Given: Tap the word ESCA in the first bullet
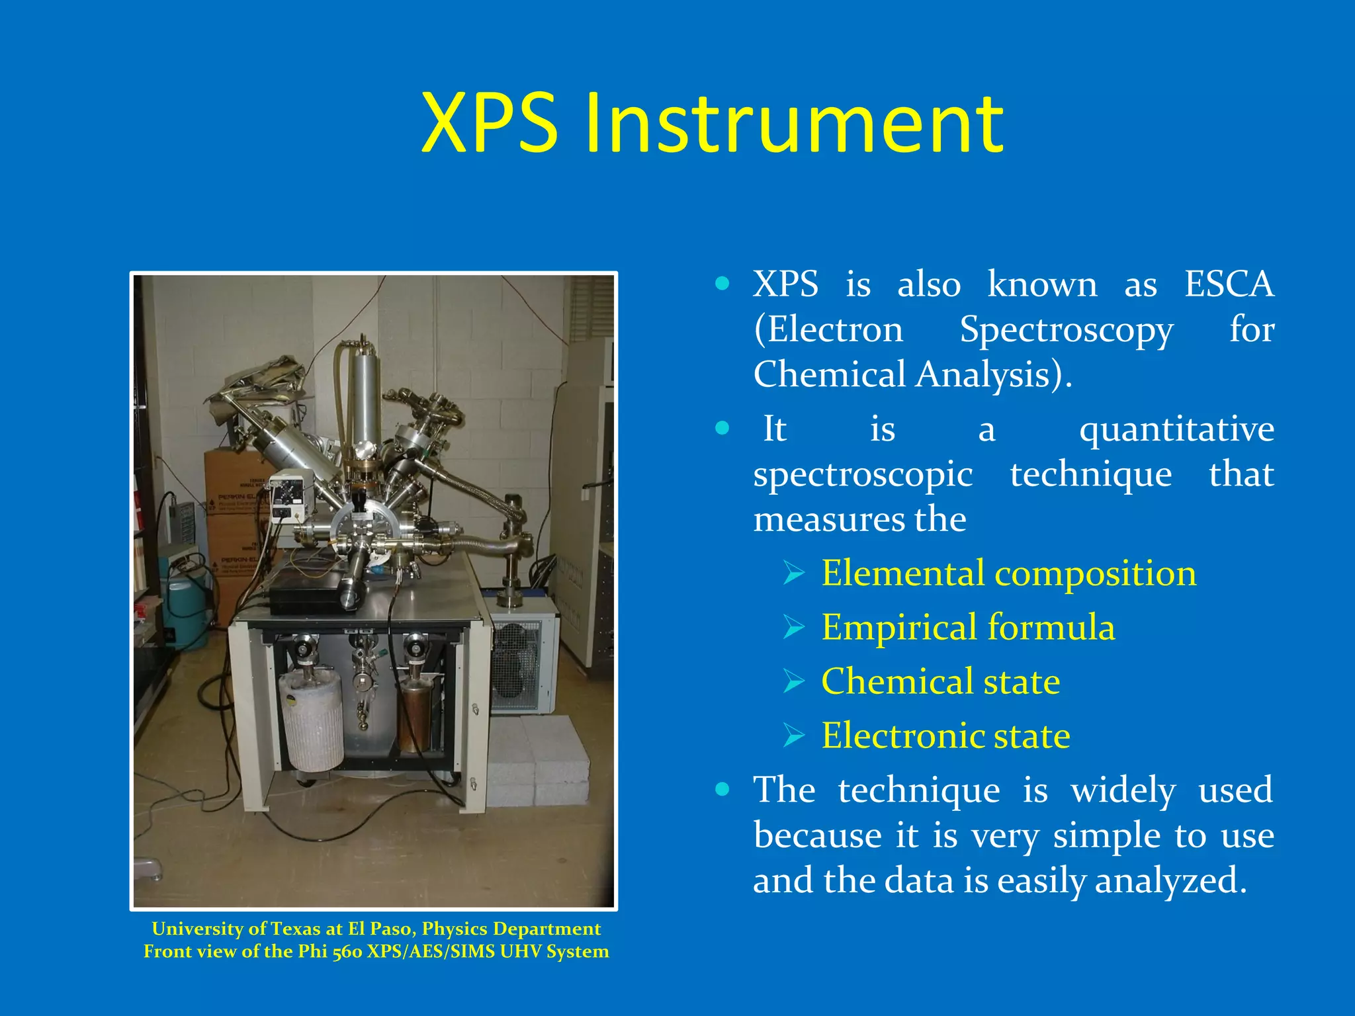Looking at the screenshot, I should click(1229, 284).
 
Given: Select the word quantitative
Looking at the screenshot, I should click(1176, 429).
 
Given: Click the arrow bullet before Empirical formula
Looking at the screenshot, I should click(793, 626).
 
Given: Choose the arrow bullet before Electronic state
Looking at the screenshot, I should click(793, 735).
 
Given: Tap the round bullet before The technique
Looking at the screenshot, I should click(722, 789).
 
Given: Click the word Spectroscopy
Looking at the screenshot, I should click(1066, 329).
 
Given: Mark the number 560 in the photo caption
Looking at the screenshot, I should click(348, 951).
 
